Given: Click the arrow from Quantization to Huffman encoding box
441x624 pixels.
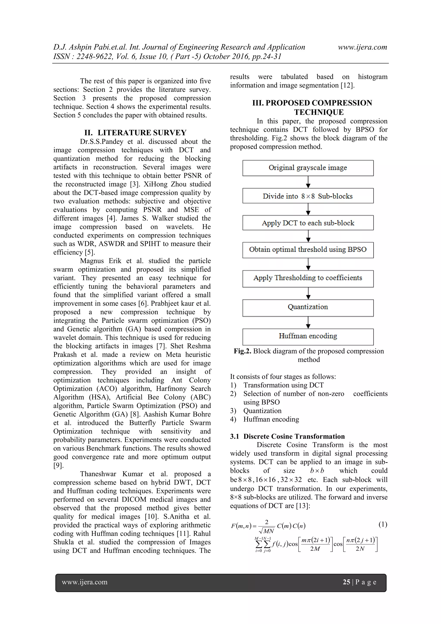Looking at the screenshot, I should [x=308, y=323].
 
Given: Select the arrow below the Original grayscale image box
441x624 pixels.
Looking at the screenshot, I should [x=308, y=182].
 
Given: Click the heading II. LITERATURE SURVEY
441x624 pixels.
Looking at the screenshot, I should [x=135, y=133].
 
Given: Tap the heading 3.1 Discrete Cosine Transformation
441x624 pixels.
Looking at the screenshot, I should [x=287, y=436].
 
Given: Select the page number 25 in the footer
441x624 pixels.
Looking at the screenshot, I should [x=346, y=582].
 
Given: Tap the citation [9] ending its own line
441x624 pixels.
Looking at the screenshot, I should [x=58, y=465].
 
